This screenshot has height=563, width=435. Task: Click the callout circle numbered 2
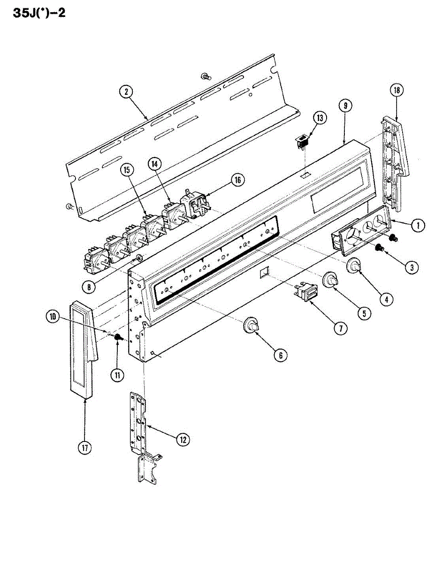pyautogui.click(x=126, y=92)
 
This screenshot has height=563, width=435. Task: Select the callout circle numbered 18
pyautogui.click(x=397, y=91)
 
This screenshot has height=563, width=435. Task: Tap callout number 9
pyautogui.click(x=345, y=106)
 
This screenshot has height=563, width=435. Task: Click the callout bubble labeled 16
pyautogui.click(x=238, y=179)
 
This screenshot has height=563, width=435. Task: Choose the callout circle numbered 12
pyautogui.click(x=183, y=439)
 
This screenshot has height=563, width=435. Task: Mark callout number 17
pyautogui.click(x=84, y=449)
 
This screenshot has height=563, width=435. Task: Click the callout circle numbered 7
pyautogui.click(x=341, y=328)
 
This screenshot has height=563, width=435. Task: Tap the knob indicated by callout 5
pyautogui.click(x=331, y=281)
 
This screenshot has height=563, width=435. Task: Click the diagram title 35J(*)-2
pyautogui.click(x=33, y=13)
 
